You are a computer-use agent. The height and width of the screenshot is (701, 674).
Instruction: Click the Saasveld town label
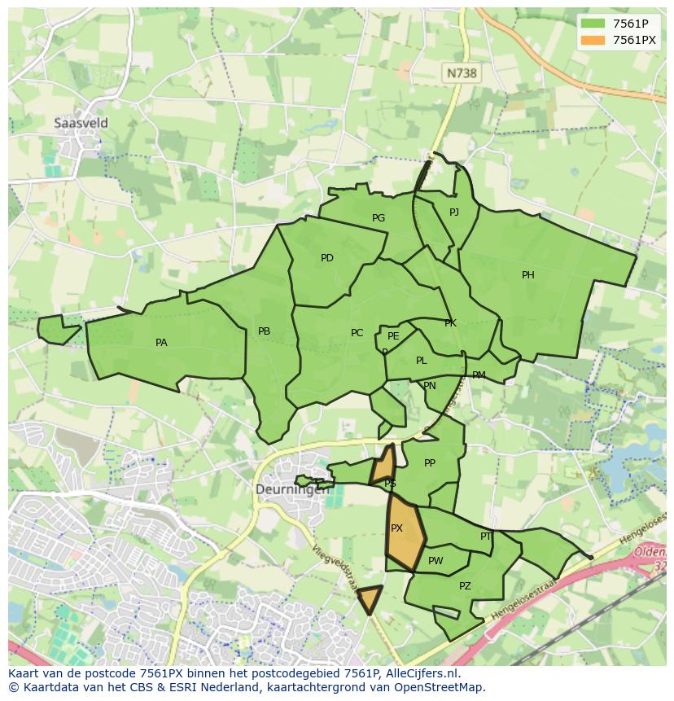coord(81,123)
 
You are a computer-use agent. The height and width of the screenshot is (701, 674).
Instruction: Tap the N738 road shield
coord(461,73)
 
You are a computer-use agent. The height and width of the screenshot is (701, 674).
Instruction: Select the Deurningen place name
coord(292,489)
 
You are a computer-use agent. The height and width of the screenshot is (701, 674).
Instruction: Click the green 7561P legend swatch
coord(593,23)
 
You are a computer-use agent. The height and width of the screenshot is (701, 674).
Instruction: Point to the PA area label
coord(161,343)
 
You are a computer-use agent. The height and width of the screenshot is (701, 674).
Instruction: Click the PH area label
coord(528,275)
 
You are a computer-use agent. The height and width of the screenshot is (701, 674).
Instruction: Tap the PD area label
coord(327,258)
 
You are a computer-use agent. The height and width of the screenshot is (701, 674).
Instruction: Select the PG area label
coord(379,218)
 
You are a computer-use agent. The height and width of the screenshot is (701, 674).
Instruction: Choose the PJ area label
coord(454,212)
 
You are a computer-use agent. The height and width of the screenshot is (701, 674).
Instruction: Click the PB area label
coord(264,331)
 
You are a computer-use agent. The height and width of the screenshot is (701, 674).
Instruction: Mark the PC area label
coord(357,333)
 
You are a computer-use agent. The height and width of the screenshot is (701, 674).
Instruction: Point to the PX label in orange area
coord(397,528)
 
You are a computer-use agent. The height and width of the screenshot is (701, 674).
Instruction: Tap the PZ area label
coord(465,586)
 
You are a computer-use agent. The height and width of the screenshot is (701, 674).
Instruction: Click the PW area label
coord(435,561)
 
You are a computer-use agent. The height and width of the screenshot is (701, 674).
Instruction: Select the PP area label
coord(430,463)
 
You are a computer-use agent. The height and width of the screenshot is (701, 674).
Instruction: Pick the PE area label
coord(393,336)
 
